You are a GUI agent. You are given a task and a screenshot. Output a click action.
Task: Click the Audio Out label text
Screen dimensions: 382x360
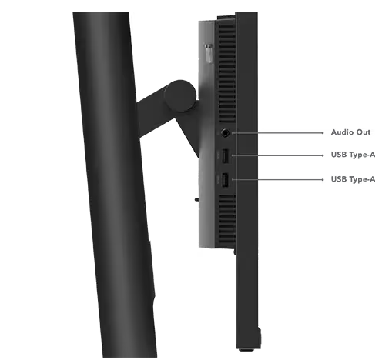pos(350,132)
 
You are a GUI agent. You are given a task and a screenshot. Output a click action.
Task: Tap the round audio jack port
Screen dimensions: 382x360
pos(225,133)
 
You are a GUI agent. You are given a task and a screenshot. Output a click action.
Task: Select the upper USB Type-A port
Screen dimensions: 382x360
pos(225,156)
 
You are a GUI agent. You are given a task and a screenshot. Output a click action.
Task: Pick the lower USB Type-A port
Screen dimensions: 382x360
pos(225,180)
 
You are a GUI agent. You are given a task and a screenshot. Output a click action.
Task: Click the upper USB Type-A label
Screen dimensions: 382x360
pos(353,155)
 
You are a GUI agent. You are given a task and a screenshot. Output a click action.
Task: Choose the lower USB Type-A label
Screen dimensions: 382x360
pos(353,179)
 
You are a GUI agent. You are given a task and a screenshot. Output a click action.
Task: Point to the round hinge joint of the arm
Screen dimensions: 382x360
pos(180,96)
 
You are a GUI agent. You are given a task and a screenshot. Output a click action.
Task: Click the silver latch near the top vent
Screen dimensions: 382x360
pos(209,53)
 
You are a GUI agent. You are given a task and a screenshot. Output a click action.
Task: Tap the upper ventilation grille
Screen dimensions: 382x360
pos(226,72)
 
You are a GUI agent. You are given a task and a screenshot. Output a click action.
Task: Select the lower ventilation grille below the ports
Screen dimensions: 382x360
pos(226,218)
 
